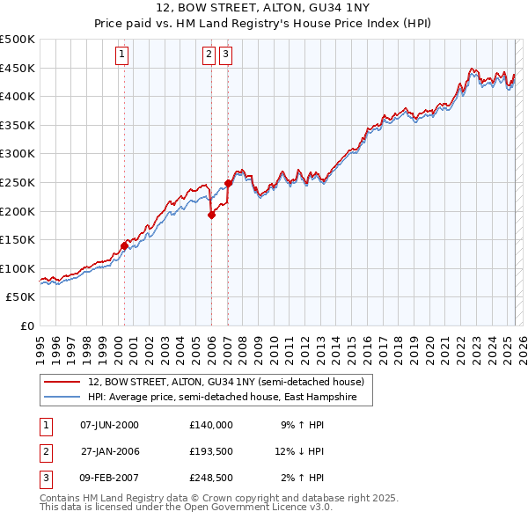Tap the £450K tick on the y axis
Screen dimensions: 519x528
point(18,68)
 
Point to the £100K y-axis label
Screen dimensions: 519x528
point(18,268)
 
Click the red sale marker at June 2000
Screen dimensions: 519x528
point(124,246)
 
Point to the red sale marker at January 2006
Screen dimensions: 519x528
point(211,215)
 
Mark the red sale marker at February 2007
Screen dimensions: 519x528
point(228,183)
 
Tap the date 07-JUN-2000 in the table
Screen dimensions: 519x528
point(110,425)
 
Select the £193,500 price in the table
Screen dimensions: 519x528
point(210,451)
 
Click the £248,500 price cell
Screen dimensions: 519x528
point(210,478)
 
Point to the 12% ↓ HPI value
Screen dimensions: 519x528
point(301,451)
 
